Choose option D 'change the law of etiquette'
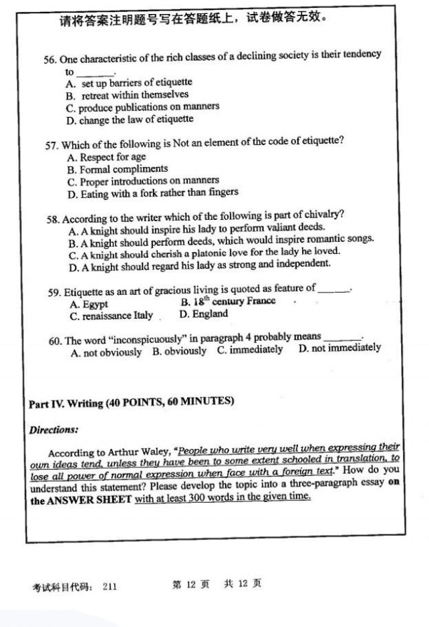(130, 120)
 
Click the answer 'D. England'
(203, 313)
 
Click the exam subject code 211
(111, 586)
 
